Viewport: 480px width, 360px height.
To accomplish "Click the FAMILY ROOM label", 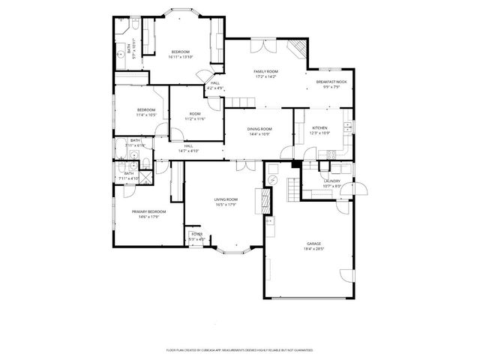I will [265, 71].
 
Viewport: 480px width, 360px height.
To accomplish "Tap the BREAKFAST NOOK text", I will [330, 82].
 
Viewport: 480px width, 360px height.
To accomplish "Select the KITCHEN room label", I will [320, 129].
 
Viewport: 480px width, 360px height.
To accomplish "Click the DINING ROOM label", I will [259, 129].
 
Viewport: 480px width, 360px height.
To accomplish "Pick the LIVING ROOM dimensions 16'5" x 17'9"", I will [225, 205].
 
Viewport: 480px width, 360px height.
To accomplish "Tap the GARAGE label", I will [313, 244].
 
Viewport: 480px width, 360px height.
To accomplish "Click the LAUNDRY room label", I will [331, 181].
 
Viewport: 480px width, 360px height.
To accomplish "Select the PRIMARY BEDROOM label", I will [148, 211].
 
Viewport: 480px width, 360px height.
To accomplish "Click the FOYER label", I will [196, 235].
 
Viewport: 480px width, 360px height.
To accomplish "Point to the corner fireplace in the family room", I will [298, 49].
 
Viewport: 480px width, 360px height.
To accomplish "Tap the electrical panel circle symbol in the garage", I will [273, 181].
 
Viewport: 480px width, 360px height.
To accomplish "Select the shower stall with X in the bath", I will [146, 177].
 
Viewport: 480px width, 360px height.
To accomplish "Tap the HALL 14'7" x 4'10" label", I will [188, 148].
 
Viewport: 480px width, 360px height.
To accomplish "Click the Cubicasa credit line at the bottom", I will [239, 349].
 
